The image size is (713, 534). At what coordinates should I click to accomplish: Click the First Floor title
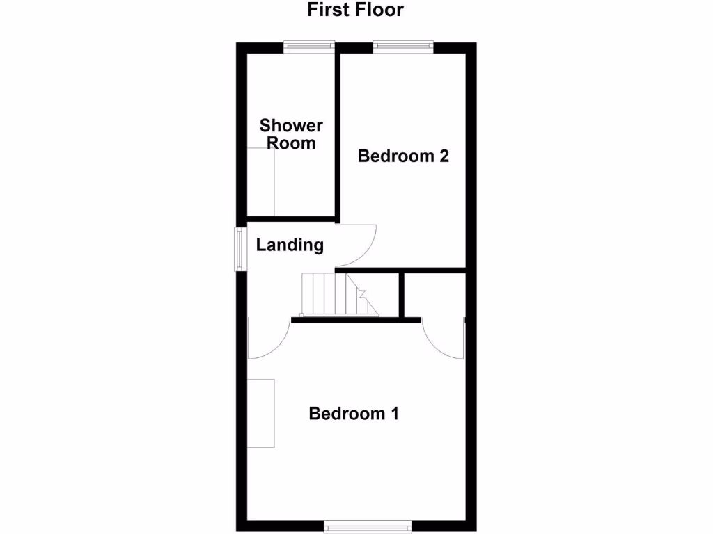pos(356,10)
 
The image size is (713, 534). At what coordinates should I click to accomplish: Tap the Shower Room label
pos(291,134)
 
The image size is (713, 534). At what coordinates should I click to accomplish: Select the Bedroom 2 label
pos(403,156)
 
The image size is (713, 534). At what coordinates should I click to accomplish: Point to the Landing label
pos(290,245)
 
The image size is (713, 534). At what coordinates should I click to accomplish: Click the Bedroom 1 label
pos(354,414)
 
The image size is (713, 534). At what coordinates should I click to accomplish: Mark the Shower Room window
pos(309,46)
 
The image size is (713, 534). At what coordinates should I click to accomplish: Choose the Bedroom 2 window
pos(403,46)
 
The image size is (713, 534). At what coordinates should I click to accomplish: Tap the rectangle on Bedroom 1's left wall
pos(262,413)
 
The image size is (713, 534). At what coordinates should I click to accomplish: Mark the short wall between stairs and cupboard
pos(402,295)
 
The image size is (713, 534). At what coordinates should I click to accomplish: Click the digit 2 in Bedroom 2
pos(443,156)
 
